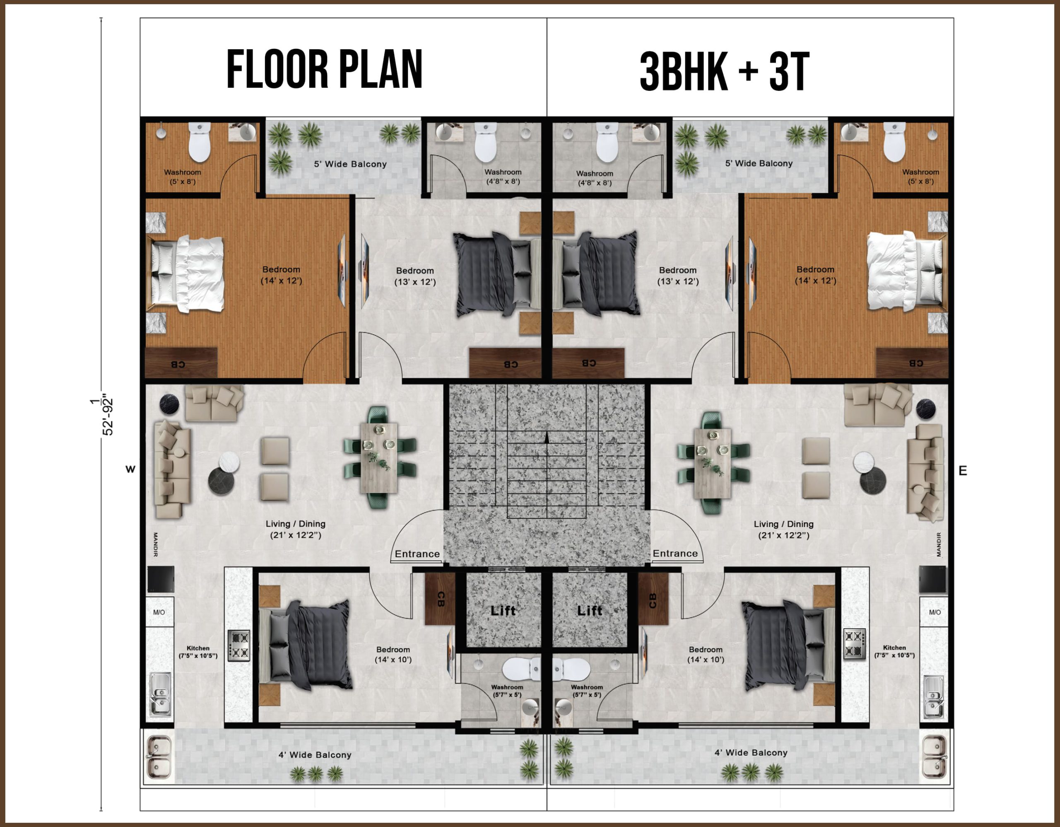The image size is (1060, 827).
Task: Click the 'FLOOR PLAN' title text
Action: (324, 70)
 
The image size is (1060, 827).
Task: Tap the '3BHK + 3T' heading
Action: (725, 72)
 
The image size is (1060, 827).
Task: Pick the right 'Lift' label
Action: (589, 610)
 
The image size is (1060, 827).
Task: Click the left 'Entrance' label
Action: (417, 554)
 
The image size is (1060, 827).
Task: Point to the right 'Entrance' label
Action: (675, 553)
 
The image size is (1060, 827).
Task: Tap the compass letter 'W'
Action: (130, 469)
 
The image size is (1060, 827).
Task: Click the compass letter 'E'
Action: (963, 471)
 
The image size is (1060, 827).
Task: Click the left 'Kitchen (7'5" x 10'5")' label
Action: (198, 652)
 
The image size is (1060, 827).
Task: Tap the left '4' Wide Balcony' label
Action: (315, 754)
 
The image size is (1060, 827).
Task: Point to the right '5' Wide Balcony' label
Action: (759, 163)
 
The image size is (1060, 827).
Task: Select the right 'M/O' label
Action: (935, 612)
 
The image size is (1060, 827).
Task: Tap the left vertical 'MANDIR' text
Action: (155, 544)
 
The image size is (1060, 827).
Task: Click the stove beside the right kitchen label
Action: (854, 644)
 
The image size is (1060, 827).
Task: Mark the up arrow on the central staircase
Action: (547, 437)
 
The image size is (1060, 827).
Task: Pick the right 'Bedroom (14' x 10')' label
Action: (705, 654)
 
